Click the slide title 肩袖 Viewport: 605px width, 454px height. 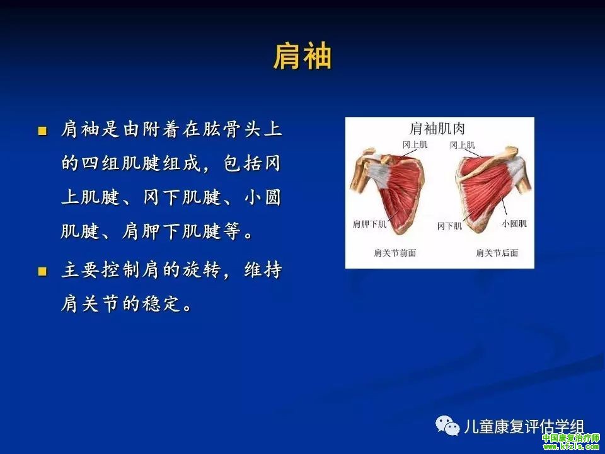point(302,56)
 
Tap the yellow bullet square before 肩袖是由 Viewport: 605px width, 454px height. point(42,131)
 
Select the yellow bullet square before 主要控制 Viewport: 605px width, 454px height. point(42,271)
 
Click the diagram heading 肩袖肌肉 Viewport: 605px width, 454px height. point(437,129)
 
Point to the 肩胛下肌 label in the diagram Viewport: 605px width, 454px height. point(369,224)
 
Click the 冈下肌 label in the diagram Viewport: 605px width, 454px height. point(449,226)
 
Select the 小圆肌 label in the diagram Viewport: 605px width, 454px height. point(514,223)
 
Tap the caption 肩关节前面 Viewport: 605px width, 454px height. point(395,253)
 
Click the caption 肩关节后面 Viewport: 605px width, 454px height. point(497,253)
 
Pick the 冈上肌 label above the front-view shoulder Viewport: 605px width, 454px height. point(415,145)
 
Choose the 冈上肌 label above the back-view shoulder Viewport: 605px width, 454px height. point(462,145)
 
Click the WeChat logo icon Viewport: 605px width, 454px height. point(447,426)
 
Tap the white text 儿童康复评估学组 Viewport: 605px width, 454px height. point(524,427)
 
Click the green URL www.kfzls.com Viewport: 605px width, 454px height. point(572,446)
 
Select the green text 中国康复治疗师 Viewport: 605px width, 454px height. point(571,438)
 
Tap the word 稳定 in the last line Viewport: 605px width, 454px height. point(161,304)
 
